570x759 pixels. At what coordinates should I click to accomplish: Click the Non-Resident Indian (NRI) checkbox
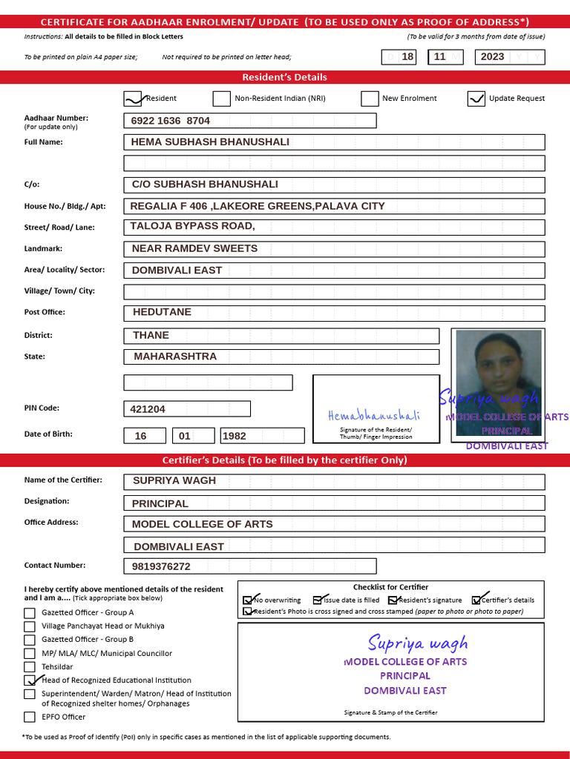[x=221, y=99]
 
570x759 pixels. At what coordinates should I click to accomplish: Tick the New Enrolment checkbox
[x=370, y=99]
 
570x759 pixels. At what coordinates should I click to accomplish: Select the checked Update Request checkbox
[x=476, y=99]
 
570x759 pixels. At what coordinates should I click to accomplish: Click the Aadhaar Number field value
[x=249, y=121]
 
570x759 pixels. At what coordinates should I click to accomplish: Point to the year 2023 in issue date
[x=492, y=56]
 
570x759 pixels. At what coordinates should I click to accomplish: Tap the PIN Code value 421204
[x=186, y=408]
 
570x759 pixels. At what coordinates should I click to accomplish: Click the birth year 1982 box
[x=262, y=436]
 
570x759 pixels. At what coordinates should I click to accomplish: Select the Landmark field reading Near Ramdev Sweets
[x=334, y=249]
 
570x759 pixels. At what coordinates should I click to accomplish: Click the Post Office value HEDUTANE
[x=334, y=313]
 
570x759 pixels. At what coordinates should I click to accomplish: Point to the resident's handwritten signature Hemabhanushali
[x=373, y=416]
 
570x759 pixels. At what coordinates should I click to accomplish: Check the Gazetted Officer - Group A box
[x=30, y=613]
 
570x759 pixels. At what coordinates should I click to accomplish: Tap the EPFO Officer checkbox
[x=30, y=717]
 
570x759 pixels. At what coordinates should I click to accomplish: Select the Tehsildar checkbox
[x=30, y=666]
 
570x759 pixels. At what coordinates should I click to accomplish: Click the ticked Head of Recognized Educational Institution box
[x=30, y=680]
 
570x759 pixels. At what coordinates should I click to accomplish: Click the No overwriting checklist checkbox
[x=248, y=600]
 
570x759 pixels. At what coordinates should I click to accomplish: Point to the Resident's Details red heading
[x=285, y=77]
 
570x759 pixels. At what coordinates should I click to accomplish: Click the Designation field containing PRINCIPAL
[x=334, y=503]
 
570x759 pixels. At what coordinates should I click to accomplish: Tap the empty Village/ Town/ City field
[x=334, y=291]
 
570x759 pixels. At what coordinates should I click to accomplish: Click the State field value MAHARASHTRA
[x=281, y=357]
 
